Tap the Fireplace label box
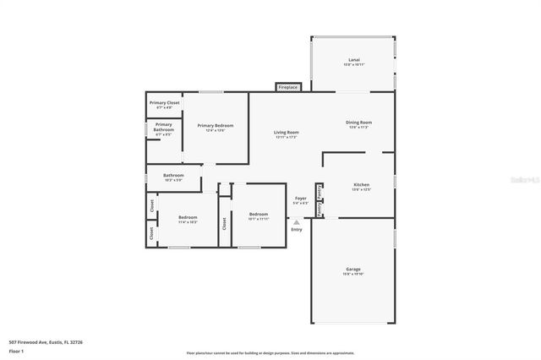(288, 87)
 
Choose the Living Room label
(286, 134)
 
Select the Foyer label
(300, 199)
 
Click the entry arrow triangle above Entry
(296, 222)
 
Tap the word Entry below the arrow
(296, 230)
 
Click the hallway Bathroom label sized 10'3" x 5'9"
(172, 177)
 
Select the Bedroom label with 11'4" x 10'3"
(187, 219)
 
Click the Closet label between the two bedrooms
(225, 223)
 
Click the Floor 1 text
(16, 350)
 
